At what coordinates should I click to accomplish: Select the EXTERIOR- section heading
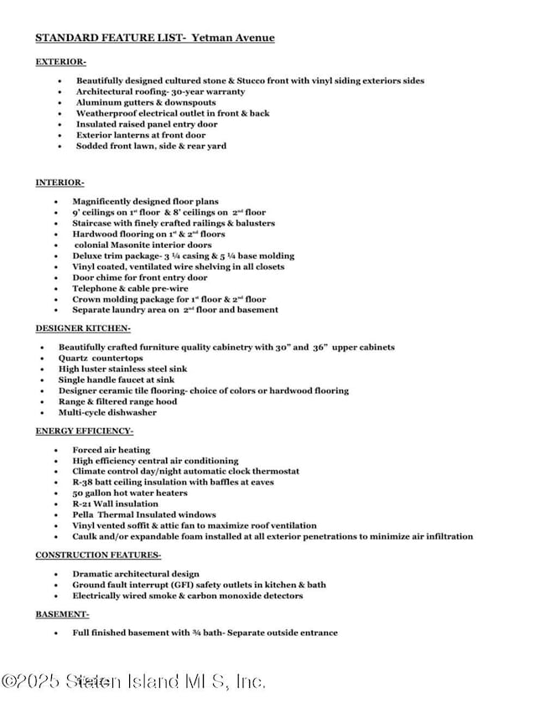tap(60, 61)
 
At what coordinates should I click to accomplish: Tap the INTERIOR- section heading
tap(60, 183)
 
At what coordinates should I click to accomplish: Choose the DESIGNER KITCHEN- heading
tap(82, 328)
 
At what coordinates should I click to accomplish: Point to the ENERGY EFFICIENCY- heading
tap(84, 431)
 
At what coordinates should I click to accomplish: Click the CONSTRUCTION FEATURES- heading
tap(98, 555)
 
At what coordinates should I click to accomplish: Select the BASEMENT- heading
tap(62, 614)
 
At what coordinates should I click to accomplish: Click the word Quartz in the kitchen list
tap(75, 358)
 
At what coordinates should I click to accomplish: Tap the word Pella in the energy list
tap(85, 514)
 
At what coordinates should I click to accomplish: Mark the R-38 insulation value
tap(85, 482)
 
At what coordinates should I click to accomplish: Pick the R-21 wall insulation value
tap(84, 504)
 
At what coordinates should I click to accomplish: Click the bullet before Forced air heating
tap(55, 450)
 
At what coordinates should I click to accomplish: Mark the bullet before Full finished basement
tap(55, 633)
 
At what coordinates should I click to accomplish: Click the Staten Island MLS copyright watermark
tap(133, 681)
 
